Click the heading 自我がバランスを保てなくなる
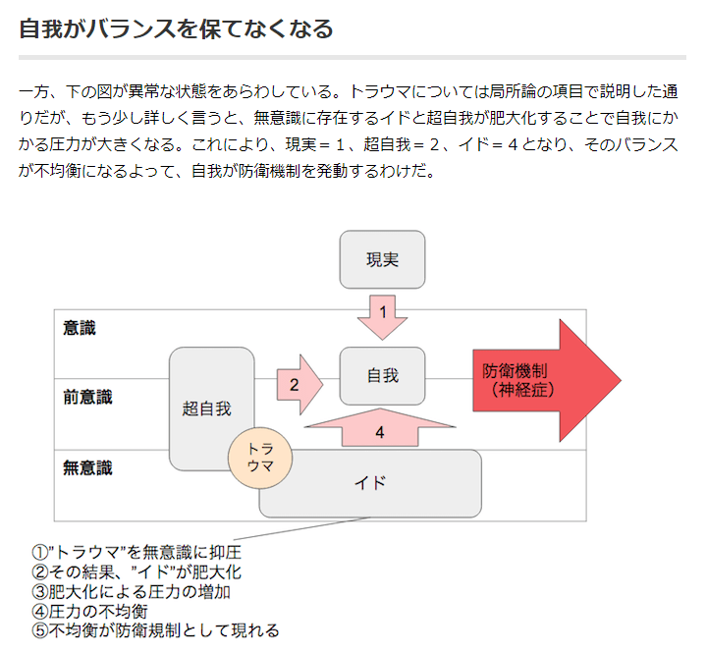pyautogui.click(x=177, y=28)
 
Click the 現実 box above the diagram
pyautogui.click(x=382, y=259)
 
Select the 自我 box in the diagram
pyautogui.click(x=382, y=375)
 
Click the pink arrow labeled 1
pyautogui.click(x=382, y=314)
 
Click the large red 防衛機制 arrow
pyautogui.click(x=545, y=380)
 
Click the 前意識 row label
pyautogui.click(x=87, y=398)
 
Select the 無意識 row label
pyautogui.click(x=87, y=467)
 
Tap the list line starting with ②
pyautogui.click(x=136, y=571)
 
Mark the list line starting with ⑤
pyautogui.click(x=155, y=630)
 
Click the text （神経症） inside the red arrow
pyautogui.click(x=517, y=390)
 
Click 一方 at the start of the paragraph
pyautogui.click(x=35, y=93)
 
